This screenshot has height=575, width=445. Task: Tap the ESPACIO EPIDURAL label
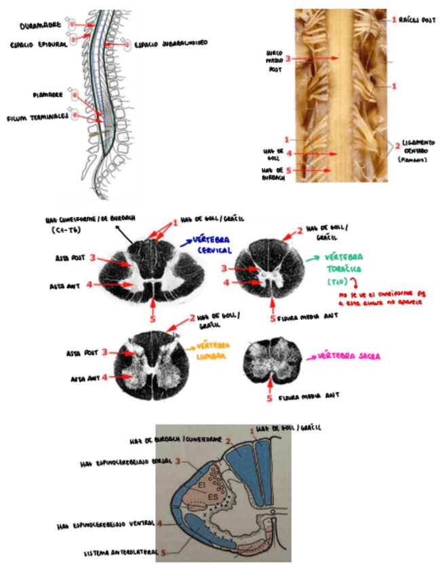[x=38, y=46]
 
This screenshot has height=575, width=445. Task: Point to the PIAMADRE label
[x=47, y=95]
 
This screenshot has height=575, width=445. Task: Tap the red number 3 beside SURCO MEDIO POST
[x=288, y=59]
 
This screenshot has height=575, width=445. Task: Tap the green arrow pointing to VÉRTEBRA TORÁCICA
[x=313, y=259]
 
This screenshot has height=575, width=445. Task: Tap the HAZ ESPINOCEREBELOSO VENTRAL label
[x=107, y=524]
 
